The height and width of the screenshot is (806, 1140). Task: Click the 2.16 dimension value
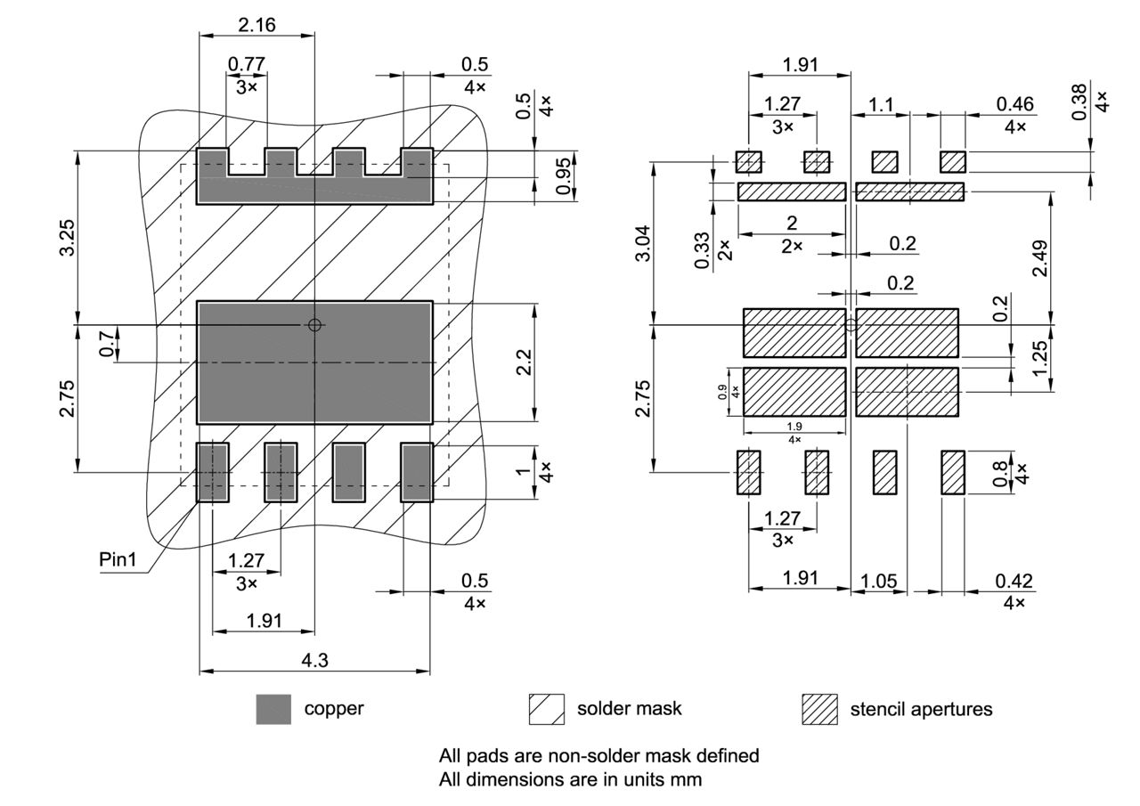[256, 24]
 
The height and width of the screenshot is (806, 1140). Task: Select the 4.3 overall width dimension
[314, 660]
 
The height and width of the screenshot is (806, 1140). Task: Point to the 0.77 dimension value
[247, 64]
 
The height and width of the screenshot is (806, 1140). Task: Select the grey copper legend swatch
[273, 709]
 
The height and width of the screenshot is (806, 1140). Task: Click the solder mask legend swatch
[546, 709]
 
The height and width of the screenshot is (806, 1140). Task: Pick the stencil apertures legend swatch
[819, 709]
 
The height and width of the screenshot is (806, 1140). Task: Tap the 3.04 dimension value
[642, 243]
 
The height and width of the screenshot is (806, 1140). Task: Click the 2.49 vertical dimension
[1039, 257]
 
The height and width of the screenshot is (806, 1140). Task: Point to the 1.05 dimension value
[878, 581]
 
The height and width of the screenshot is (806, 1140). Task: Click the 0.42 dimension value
[1014, 581]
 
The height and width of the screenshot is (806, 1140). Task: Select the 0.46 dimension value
[1014, 104]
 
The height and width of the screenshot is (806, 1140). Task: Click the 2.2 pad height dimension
[524, 362]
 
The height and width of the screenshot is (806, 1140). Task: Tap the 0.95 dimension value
[564, 178]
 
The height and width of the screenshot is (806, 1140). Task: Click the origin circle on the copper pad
[313, 325]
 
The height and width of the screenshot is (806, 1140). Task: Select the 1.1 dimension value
[881, 104]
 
